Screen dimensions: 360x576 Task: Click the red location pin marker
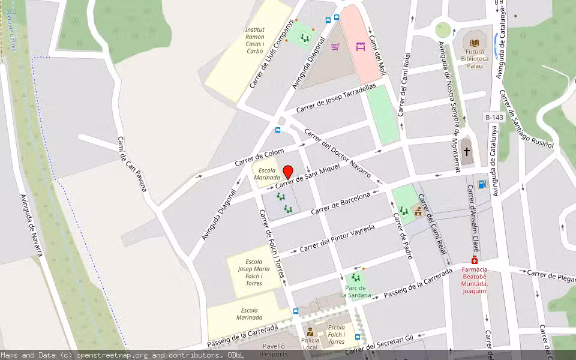pyautogui.click(x=288, y=172)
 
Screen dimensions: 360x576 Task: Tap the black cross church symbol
pyautogui.click(x=467, y=152)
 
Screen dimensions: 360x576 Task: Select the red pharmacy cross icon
pyautogui.click(x=475, y=260)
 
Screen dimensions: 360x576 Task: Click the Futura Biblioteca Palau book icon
pyautogui.click(x=475, y=43)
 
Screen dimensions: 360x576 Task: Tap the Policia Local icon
pyautogui.click(x=310, y=331)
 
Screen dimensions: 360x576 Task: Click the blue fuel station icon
pyautogui.click(x=481, y=184)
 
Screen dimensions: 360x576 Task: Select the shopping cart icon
pyautogui.click(x=335, y=46)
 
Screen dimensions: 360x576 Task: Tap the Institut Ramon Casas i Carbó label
pyautogui.click(x=255, y=40)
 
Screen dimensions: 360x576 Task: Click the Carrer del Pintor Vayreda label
pyautogui.click(x=337, y=238)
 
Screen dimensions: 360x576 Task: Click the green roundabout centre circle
pyautogui.click(x=443, y=29)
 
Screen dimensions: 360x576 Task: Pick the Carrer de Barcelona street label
pyautogui.click(x=341, y=203)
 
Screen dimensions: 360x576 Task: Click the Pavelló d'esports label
pyautogui.click(x=273, y=350)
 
